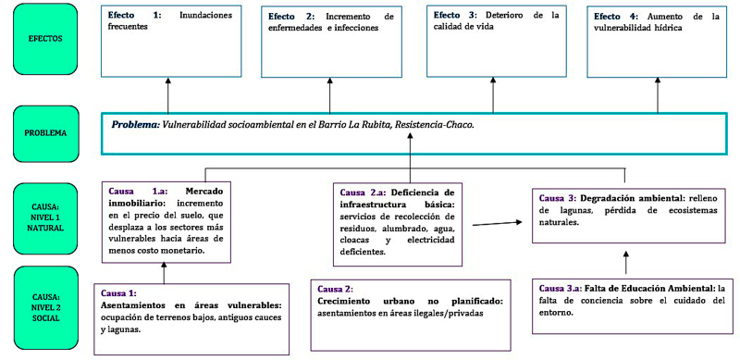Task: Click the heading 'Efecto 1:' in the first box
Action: [134, 16]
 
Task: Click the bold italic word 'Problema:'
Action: [135, 124]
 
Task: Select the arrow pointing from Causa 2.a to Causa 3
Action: [495, 222]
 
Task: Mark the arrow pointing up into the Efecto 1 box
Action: [167, 93]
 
